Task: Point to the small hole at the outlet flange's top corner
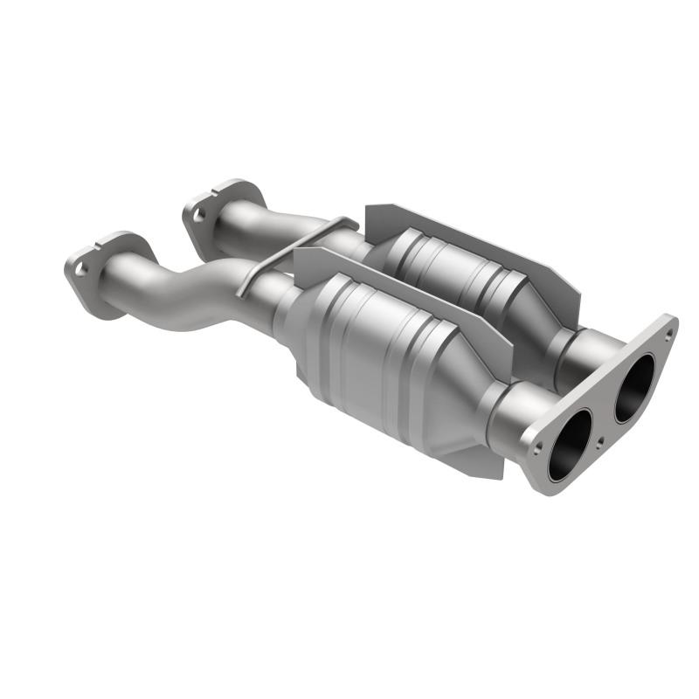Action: click(668, 334)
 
